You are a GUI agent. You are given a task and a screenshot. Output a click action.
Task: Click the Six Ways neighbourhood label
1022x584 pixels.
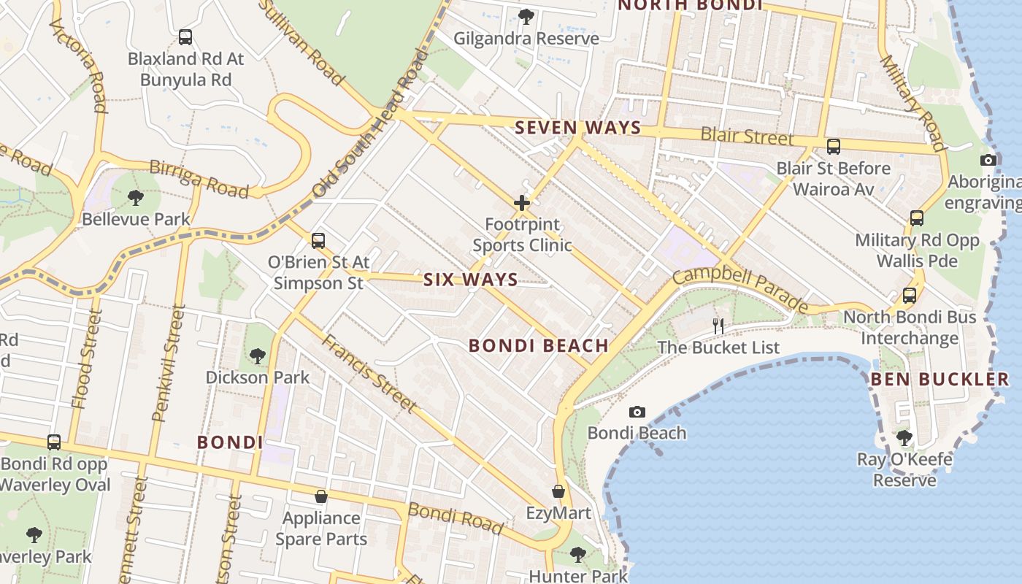click(471, 280)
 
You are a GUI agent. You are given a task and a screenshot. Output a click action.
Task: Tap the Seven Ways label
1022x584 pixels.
click(578, 128)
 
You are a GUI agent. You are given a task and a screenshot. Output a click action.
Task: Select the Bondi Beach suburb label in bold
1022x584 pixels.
click(539, 345)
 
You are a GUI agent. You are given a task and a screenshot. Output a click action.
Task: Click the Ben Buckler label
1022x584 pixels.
click(940, 379)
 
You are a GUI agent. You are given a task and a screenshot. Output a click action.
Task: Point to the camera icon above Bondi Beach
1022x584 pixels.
click(637, 412)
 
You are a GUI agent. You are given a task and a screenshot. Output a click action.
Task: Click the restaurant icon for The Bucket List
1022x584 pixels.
click(719, 326)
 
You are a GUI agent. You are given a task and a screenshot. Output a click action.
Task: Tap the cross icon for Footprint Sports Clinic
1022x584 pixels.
click(522, 203)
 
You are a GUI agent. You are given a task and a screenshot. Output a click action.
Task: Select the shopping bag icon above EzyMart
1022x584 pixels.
click(558, 492)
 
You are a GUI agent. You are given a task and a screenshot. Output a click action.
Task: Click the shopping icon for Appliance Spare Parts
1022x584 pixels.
click(321, 497)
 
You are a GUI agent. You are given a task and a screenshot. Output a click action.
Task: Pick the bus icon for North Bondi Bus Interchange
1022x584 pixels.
click(910, 296)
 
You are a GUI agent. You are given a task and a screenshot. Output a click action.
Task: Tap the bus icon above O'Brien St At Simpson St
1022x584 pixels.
click(318, 240)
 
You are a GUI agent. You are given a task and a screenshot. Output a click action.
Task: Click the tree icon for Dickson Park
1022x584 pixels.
click(257, 356)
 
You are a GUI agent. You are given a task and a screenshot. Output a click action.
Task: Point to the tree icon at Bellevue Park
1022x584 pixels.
click(135, 197)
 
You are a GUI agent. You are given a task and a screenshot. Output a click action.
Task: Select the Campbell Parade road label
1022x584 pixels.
click(740, 290)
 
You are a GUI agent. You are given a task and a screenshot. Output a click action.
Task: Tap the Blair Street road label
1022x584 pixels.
click(747, 136)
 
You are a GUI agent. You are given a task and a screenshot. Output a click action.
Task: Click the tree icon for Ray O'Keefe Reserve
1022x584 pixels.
click(904, 438)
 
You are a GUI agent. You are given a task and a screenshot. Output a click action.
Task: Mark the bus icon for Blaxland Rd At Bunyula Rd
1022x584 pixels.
click(185, 37)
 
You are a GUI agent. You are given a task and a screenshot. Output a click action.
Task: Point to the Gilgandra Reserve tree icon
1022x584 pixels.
click(526, 16)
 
